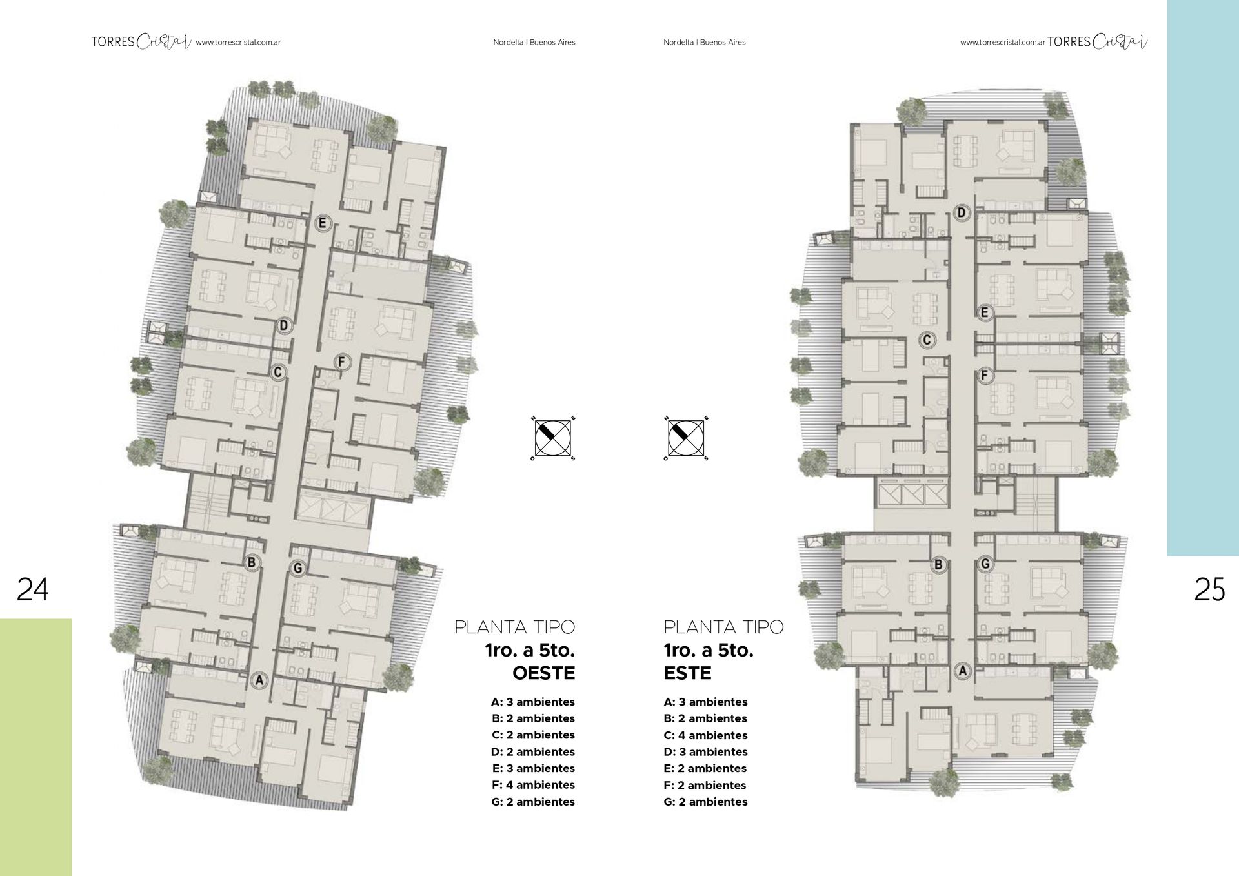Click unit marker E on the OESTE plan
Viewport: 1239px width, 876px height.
click(x=323, y=224)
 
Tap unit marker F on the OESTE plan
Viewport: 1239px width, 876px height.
click(x=342, y=362)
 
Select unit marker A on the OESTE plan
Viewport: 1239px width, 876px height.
click(x=259, y=680)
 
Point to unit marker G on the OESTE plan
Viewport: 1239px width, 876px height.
click(x=297, y=568)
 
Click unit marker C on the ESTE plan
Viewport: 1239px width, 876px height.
click(x=927, y=340)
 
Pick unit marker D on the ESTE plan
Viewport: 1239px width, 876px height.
click(x=962, y=212)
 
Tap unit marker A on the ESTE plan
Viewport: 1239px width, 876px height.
click(x=963, y=671)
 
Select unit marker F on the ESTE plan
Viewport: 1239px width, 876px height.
click(x=984, y=375)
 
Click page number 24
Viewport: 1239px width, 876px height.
click(x=32, y=589)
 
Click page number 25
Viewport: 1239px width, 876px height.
click(x=1209, y=589)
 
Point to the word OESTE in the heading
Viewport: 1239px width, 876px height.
click(x=543, y=673)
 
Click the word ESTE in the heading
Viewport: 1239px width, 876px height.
click(x=687, y=673)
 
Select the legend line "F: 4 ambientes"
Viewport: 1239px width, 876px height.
click(x=533, y=785)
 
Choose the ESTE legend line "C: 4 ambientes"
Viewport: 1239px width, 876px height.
click(x=705, y=735)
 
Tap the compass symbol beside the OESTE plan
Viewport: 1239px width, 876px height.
click(x=553, y=438)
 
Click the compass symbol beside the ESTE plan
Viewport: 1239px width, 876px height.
click(x=686, y=438)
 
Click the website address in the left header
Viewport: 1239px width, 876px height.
click(x=238, y=43)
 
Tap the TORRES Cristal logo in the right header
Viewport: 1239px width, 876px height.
click(x=1097, y=42)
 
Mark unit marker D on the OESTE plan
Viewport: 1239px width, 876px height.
click(x=283, y=325)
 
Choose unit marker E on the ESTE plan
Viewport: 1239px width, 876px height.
click(x=984, y=313)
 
